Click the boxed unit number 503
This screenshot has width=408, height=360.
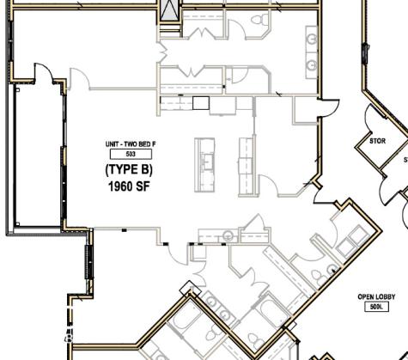coord(131,153)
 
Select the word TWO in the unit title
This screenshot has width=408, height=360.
coord(133,143)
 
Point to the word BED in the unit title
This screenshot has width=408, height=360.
coord(146,143)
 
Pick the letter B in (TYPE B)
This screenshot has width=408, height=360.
coord(147,169)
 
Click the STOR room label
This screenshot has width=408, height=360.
coord(377,141)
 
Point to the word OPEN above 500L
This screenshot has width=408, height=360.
coord(367,297)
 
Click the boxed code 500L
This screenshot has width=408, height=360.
coord(375,307)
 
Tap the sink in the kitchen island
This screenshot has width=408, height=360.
coord(207,160)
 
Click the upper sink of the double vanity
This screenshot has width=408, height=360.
coord(311,39)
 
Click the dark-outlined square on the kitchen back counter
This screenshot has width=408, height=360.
coord(200,103)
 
